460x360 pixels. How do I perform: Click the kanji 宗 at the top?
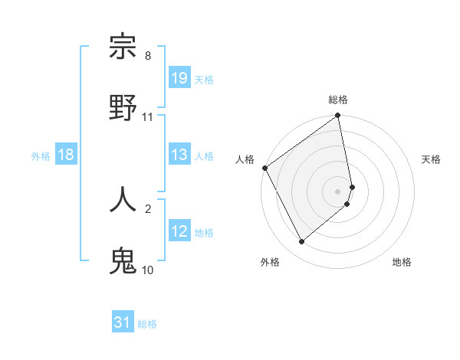point(123,47)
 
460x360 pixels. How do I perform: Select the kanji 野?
point(123,107)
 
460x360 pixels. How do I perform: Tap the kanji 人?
point(123,198)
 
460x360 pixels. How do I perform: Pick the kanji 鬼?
point(123,259)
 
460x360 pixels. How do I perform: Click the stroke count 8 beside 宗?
point(148,56)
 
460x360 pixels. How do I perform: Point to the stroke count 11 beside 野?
point(148,116)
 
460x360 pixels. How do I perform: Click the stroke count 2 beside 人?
point(148,208)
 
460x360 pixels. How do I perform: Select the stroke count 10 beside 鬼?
point(148,269)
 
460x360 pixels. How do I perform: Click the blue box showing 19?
point(179,78)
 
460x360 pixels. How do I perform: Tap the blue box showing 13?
point(179,155)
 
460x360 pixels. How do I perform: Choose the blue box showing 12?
point(179,231)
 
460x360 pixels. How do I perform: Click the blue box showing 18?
point(66,155)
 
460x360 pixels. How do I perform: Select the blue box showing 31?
point(123,322)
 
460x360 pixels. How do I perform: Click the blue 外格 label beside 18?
point(41,155)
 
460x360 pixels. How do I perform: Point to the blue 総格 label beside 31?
point(147,323)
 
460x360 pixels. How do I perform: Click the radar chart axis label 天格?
point(431,159)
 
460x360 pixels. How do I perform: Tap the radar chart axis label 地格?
point(402,262)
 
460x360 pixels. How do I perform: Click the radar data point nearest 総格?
point(338,116)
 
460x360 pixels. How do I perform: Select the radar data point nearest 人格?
point(264,168)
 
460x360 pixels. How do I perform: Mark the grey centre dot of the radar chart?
point(338,191)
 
